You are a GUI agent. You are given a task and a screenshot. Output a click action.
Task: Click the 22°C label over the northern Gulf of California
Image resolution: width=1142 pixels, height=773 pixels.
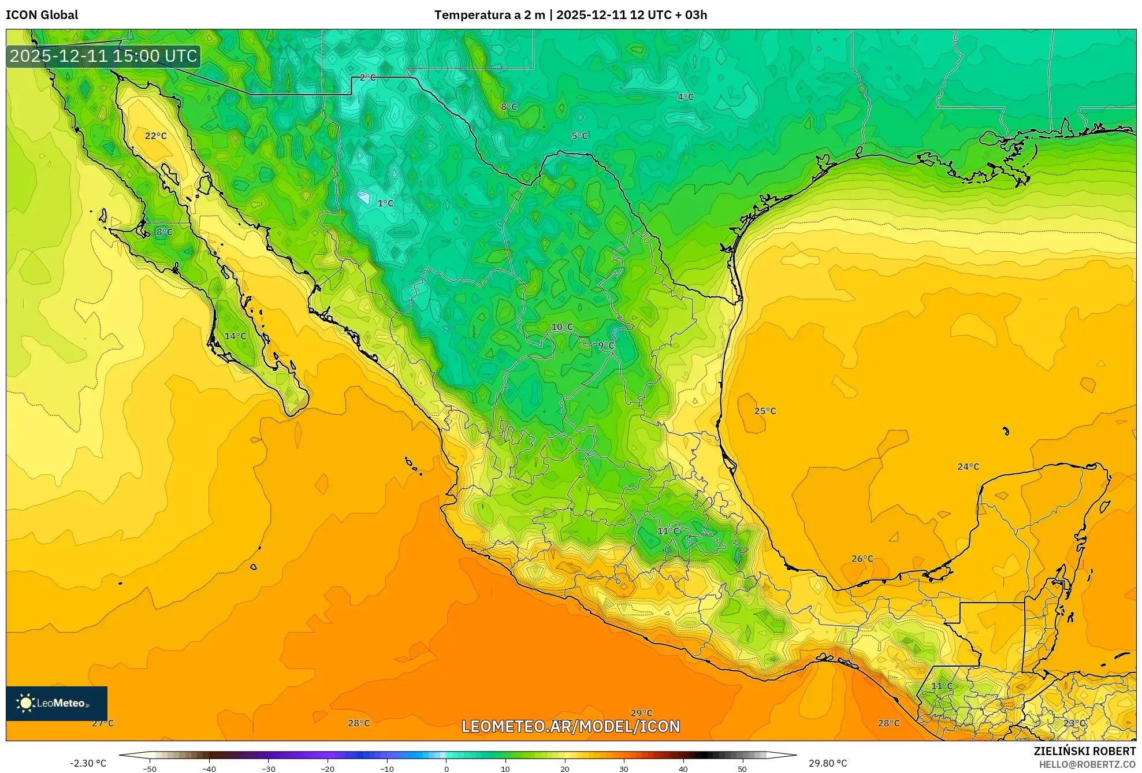click(155, 136)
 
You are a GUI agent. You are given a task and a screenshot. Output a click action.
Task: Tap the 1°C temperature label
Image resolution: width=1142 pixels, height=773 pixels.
click(385, 203)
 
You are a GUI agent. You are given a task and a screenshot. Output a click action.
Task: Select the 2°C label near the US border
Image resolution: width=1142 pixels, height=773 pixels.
click(367, 77)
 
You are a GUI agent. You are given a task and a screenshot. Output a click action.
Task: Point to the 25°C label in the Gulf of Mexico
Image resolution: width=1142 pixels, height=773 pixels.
click(765, 411)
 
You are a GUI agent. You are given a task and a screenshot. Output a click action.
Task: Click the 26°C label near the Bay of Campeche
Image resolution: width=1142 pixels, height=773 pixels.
click(862, 559)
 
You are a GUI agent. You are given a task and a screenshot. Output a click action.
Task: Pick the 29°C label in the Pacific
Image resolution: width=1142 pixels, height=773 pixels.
click(641, 713)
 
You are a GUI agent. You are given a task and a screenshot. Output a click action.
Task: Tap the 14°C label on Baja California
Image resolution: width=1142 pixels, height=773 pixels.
click(235, 336)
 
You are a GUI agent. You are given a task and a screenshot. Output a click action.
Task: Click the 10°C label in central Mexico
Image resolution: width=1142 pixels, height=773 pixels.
click(561, 327)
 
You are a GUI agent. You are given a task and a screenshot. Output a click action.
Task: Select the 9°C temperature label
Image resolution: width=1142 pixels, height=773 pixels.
click(606, 345)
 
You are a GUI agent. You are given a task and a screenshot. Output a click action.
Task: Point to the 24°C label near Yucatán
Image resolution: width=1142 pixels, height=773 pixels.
click(968, 467)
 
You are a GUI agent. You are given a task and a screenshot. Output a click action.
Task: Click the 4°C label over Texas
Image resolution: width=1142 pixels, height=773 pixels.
click(686, 97)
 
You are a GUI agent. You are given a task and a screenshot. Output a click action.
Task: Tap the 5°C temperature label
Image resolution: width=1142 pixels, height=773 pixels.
click(579, 136)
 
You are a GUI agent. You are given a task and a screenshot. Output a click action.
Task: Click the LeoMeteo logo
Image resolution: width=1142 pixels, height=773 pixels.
click(57, 703)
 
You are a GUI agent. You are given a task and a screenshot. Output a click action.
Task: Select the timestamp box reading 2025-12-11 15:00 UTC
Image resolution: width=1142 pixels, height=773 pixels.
click(103, 56)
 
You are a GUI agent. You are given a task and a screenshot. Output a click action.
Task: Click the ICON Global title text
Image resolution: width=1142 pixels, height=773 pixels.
click(42, 15)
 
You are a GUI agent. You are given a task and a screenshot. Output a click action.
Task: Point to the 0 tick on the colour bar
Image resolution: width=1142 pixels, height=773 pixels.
click(446, 769)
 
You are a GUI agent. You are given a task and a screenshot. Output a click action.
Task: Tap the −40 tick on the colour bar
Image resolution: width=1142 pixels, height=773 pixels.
click(209, 769)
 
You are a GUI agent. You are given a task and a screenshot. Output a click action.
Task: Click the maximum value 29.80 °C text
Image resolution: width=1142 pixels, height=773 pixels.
click(828, 763)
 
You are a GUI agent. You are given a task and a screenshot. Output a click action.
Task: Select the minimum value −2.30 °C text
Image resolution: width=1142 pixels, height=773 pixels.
click(88, 763)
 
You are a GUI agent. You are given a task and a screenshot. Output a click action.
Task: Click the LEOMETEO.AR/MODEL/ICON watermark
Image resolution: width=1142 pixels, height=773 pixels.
click(571, 726)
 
